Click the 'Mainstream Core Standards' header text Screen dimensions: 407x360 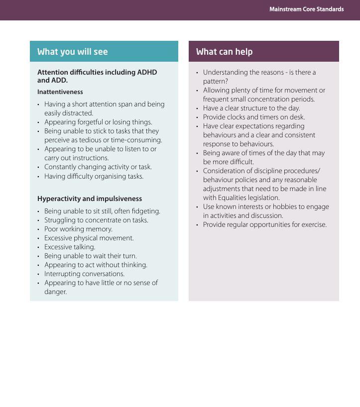[306, 9]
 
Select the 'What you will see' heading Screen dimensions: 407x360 [72, 52]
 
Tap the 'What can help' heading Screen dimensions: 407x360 [224, 52]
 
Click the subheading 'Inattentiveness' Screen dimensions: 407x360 [60, 92]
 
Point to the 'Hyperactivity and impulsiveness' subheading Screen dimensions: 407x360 [90, 199]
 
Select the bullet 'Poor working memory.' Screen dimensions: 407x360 [78, 229]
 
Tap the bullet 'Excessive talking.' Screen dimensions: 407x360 [70, 247]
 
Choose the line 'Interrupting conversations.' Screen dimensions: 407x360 [84, 274]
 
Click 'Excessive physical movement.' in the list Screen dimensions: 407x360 [89, 238]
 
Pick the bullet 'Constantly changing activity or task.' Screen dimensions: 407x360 [98, 167]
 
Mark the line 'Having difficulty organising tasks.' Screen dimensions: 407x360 [94, 176]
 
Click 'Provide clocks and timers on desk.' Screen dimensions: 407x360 [253, 117]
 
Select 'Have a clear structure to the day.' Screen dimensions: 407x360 [251, 108]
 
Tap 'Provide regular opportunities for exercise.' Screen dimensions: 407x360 [264, 224]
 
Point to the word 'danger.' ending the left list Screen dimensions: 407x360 [55, 292]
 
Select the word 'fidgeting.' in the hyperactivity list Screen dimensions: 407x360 [146, 211]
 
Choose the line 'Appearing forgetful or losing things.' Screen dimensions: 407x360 [98, 122]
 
